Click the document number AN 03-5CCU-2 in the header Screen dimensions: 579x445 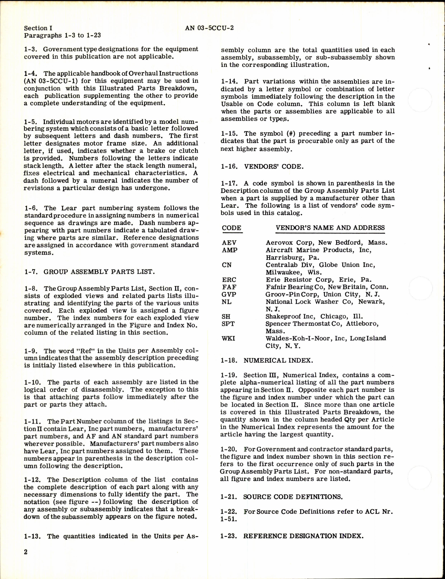point(209,28)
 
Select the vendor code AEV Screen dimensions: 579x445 point(229,243)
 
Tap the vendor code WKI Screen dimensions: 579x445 point(228,338)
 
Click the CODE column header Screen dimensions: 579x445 point(232,228)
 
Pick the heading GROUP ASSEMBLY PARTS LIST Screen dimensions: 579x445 point(98,272)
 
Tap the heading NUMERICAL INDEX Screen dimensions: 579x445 point(278,361)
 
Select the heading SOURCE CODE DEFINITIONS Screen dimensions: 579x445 point(293,497)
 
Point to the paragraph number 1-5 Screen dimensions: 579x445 point(31,122)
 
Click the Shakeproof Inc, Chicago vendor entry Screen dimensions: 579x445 point(314,317)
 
